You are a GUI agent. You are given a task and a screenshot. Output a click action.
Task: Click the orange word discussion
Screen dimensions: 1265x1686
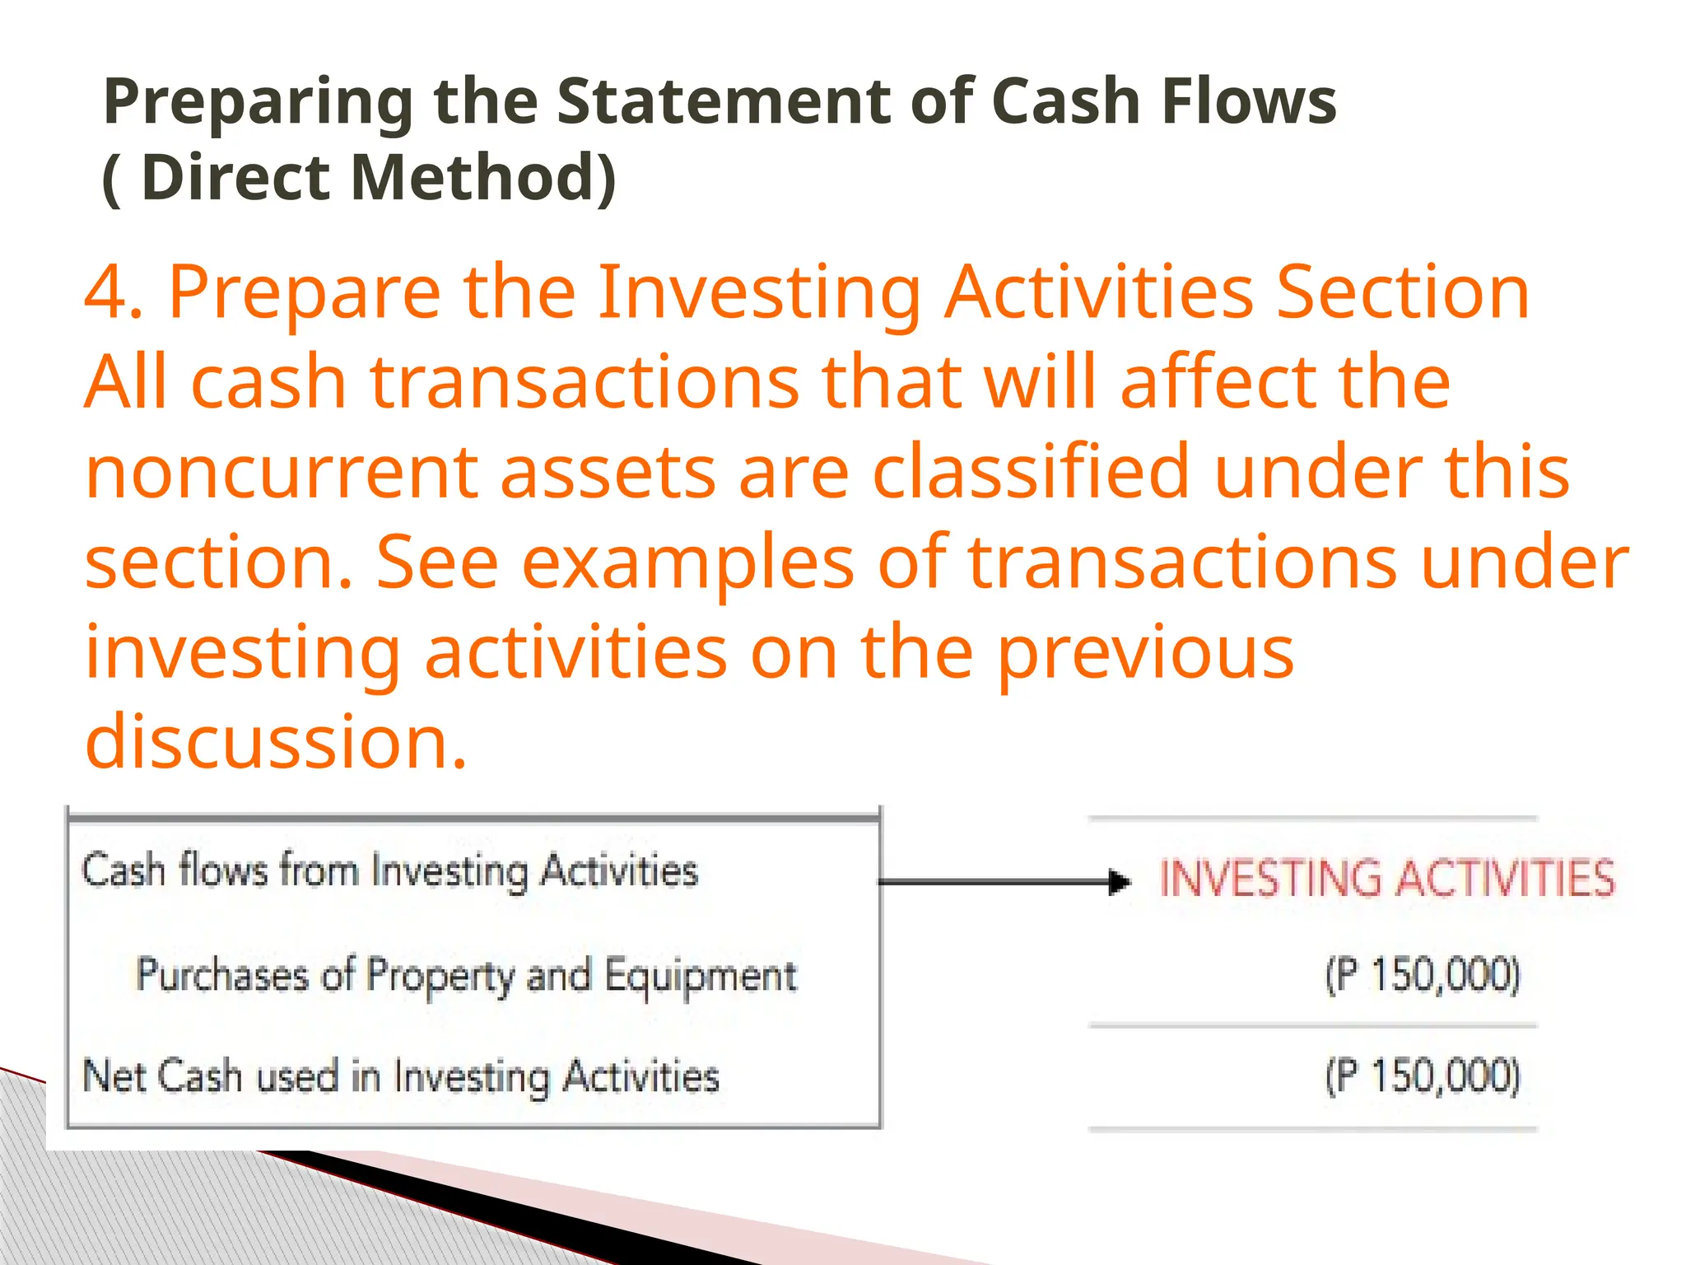tap(276, 742)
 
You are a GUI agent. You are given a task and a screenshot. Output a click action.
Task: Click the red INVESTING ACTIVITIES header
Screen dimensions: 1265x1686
tap(1386, 878)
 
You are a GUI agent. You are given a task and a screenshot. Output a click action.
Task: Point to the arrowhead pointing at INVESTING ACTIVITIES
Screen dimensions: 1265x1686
tap(1120, 882)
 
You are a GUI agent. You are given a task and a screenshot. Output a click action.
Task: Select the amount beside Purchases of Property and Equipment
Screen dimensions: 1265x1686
tap(1423, 976)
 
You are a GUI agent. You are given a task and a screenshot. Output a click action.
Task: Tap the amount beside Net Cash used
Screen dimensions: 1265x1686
tap(1423, 1076)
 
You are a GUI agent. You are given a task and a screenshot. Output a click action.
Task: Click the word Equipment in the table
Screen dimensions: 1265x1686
tap(701, 977)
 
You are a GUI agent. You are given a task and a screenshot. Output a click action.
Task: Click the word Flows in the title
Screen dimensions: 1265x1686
tap(1248, 102)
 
